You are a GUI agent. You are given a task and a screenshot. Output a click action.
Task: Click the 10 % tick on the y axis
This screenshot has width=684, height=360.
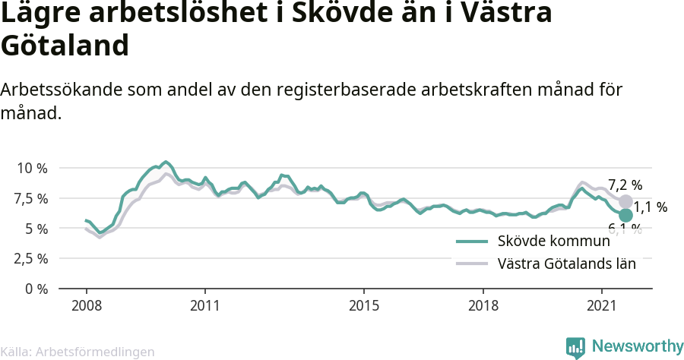[31, 168]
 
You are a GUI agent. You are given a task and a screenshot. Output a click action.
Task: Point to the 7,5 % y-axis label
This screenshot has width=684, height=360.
[31, 198]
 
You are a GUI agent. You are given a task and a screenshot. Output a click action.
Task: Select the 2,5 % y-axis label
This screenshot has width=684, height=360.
[31, 259]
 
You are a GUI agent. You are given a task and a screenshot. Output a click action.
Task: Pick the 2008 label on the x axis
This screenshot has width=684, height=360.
[86, 306]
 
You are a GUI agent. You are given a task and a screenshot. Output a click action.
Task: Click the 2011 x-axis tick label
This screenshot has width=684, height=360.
[205, 306]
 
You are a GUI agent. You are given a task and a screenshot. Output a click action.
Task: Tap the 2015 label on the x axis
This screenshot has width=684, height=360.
[364, 306]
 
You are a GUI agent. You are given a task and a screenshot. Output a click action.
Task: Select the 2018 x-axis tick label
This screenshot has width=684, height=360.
[483, 306]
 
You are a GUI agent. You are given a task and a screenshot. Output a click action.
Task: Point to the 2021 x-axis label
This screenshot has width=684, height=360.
[602, 306]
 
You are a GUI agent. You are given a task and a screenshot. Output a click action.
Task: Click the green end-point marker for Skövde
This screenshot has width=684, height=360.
[625, 216]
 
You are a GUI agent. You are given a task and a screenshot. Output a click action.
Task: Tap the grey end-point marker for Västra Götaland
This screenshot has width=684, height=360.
[625, 201]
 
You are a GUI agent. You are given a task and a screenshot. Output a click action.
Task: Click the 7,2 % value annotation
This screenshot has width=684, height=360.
[625, 185]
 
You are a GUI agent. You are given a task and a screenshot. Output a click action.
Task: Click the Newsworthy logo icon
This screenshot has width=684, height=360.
[575, 347]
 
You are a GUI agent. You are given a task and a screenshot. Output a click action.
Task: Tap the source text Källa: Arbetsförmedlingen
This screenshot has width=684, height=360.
[78, 352]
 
